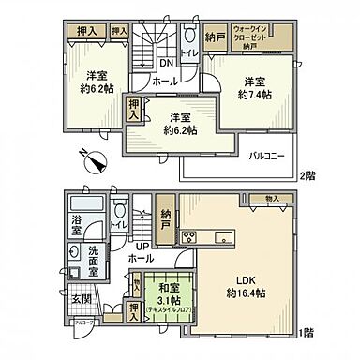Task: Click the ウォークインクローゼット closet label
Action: tap(250, 35)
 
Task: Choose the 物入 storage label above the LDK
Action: tap(272, 198)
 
